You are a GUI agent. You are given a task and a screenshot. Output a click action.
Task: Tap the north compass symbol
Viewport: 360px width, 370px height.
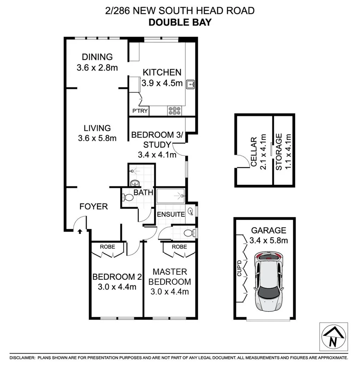click(x=334, y=337)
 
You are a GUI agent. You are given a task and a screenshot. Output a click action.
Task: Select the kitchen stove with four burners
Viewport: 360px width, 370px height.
click(x=175, y=110)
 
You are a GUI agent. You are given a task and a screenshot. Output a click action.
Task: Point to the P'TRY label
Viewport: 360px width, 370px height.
click(x=140, y=111)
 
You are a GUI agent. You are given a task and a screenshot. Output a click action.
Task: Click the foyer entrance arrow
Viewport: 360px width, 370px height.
click(x=80, y=232)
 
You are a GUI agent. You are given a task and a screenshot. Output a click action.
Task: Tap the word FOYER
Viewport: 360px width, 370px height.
click(x=93, y=207)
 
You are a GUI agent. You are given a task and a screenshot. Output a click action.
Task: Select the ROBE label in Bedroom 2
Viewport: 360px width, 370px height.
click(x=107, y=247)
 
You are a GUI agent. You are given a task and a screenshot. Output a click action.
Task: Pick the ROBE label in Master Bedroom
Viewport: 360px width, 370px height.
click(x=179, y=247)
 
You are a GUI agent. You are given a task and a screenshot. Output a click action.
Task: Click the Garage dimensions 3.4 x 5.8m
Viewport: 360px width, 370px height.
click(x=269, y=240)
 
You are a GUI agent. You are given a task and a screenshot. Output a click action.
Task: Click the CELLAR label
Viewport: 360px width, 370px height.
click(x=254, y=152)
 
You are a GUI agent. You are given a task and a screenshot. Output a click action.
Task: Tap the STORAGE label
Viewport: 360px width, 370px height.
click(x=279, y=152)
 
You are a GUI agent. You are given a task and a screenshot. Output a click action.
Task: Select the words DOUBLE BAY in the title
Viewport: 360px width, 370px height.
click(x=180, y=23)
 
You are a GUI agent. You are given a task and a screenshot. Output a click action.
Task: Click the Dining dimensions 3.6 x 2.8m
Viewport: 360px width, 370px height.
click(x=97, y=67)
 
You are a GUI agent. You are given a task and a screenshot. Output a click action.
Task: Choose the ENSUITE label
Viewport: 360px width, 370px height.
click(x=171, y=214)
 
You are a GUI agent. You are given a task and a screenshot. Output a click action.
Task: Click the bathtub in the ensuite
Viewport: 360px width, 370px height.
click(x=171, y=196)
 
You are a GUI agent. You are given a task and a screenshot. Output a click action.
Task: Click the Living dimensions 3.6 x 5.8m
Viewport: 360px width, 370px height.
click(x=97, y=138)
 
